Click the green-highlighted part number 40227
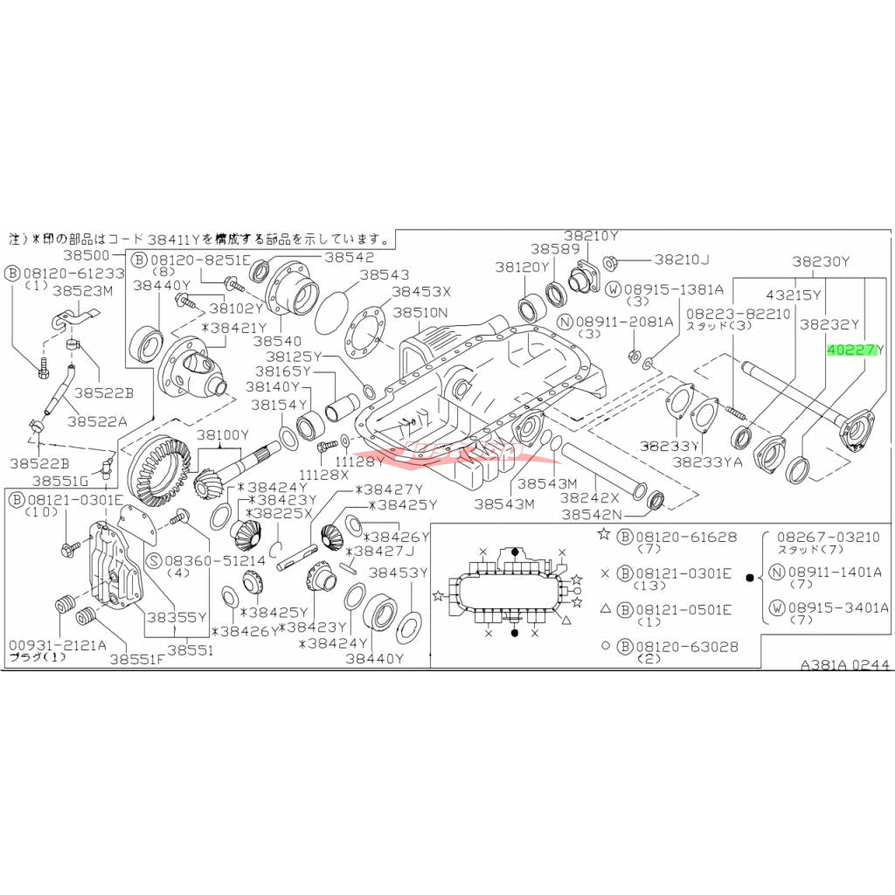[x=852, y=350]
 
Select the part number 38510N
[x=420, y=312]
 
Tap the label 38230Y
[x=822, y=260]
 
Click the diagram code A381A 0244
[x=845, y=665]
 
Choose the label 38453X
[x=421, y=292]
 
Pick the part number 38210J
[x=683, y=259]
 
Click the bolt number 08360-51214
[x=204, y=559]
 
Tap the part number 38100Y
[x=223, y=434]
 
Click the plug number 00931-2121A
[x=58, y=645]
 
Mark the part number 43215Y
[x=794, y=295]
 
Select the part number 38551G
[x=61, y=481]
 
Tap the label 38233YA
[x=707, y=461]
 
